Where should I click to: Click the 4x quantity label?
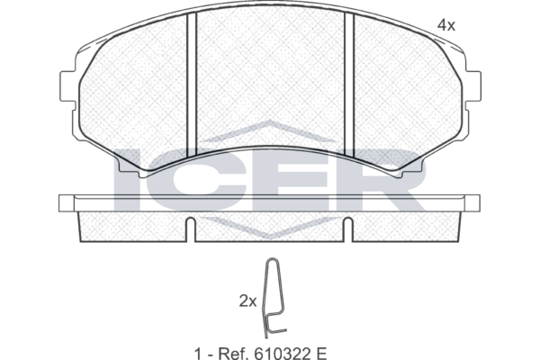(446, 25)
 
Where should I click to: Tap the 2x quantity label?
(248, 301)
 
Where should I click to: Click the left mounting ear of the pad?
(67, 86)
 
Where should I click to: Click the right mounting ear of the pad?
(472, 86)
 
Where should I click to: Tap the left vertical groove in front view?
(191, 85)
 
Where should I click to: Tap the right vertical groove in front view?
(349, 85)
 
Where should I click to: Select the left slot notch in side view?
(191, 229)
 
